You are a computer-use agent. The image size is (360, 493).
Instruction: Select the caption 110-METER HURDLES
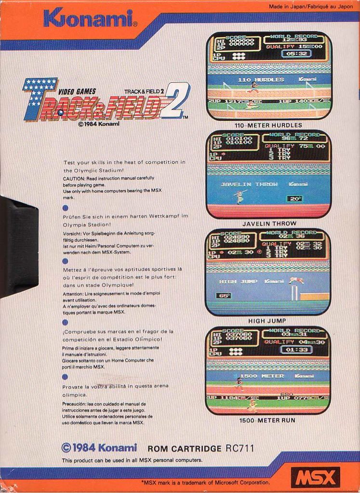(x=268, y=125)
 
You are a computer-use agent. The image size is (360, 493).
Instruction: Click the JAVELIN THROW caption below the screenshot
(x=269, y=223)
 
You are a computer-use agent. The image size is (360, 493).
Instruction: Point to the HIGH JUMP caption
(x=267, y=321)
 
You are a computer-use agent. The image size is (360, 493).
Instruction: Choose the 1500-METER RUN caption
(x=267, y=420)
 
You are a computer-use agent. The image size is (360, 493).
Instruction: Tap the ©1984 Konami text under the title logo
(x=98, y=124)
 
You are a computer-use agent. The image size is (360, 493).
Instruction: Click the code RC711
(x=240, y=448)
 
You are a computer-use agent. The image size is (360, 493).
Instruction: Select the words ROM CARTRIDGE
(x=185, y=449)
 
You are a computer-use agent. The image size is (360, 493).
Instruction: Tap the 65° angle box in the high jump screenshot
(x=224, y=296)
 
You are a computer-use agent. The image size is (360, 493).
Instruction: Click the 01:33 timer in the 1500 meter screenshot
(x=296, y=350)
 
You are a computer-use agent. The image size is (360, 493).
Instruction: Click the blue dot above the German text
(x=66, y=208)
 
